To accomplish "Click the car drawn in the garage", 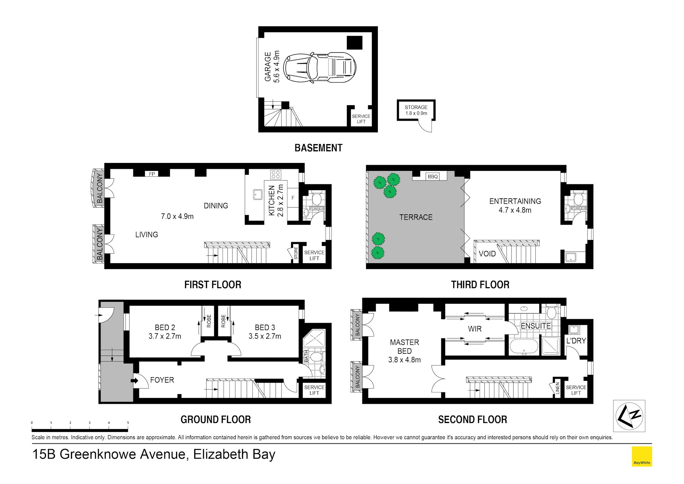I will [320, 68].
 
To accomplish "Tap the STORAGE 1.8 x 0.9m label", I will [416, 110].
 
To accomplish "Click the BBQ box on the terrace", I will [433, 177].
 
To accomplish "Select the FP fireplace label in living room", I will [152, 174].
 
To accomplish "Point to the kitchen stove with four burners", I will [276, 174].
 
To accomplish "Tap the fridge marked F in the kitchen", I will [293, 198].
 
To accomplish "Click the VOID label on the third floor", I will [487, 254].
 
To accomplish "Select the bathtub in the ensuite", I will [524, 346].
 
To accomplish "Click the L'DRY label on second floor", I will [576, 341].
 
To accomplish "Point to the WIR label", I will [474, 329].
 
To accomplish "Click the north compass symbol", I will [629, 416].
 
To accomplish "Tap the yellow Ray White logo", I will [642, 457].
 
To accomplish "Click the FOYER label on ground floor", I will [162, 380].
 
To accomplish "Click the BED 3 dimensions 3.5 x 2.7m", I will [265, 336].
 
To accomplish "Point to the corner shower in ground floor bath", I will [314, 338].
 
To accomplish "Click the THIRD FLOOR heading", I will [480, 285].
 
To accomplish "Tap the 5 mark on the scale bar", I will [128, 423].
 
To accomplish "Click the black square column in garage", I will [355, 43].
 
